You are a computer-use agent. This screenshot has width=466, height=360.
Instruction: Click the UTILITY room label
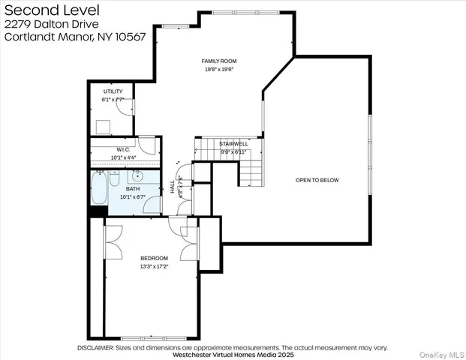click(113, 91)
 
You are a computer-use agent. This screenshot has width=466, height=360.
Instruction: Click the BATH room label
click(132, 189)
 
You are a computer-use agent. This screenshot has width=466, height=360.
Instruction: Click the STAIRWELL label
click(234, 143)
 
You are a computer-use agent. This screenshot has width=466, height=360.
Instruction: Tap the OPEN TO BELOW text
click(317, 180)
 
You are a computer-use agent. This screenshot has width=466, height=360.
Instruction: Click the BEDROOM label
click(154, 258)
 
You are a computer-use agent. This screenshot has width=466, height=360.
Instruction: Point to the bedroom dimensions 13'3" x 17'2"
click(154, 266)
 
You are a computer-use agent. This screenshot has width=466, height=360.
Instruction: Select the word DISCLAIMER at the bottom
click(95, 348)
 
